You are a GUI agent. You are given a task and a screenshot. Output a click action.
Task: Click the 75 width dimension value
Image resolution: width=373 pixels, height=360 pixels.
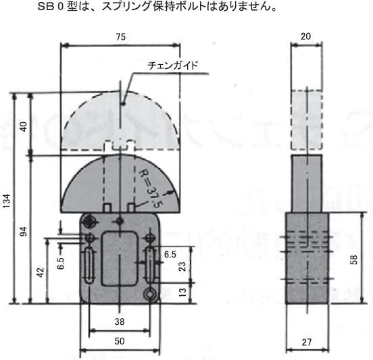click(x=120, y=37)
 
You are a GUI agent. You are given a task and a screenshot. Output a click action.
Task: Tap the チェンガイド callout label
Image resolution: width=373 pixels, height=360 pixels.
click(x=173, y=65)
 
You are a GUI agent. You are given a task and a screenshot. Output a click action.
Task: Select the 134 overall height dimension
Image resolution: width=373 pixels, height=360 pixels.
click(x=7, y=201)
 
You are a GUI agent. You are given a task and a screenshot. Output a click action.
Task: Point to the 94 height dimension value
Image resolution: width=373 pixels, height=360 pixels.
click(x=23, y=232)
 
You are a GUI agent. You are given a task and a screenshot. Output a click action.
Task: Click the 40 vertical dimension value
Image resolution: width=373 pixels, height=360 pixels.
click(x=24, y=127)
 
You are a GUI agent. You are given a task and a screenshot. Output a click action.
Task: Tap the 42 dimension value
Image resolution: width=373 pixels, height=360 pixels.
click(x=41, y=272)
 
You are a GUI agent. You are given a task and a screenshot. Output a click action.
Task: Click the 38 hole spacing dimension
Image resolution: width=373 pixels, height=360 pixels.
click(x=120, y=322)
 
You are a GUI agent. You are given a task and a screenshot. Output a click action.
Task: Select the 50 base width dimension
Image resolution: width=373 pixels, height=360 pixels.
click(x=120, y=341)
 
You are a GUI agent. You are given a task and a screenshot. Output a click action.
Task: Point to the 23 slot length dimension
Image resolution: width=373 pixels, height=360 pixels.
click(x=182, y=267)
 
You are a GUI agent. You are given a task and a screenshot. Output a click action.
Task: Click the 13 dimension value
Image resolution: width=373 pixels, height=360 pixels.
click(x=182, y=292)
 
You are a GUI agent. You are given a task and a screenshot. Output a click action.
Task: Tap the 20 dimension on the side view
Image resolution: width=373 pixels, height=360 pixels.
click(x=306, y=36)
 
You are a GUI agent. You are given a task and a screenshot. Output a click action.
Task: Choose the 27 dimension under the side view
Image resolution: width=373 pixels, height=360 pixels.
click(x=307, y=342)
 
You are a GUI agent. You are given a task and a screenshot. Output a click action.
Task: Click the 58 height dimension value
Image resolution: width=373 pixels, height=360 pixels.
click(x=354, y=259)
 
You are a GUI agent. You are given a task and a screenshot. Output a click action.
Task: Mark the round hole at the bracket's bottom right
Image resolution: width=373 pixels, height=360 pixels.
click(x=150, y=295)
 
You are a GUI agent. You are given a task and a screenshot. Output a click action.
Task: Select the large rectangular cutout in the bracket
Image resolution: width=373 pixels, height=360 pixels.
click(x=120, y=259)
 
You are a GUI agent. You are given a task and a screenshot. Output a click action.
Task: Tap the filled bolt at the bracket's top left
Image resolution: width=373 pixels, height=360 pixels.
click(x=90, y=222)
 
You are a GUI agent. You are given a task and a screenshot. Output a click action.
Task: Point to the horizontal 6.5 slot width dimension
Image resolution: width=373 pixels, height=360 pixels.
click(x=170, y=255)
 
